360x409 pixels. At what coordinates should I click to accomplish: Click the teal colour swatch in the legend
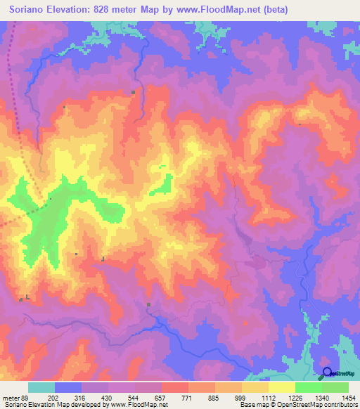pos(41,387)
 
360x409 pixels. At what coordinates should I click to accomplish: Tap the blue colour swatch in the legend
pos(68,387)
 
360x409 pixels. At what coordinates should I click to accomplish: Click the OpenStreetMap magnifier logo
pos(327,373)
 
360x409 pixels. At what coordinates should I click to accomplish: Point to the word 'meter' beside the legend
pos(10,397)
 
